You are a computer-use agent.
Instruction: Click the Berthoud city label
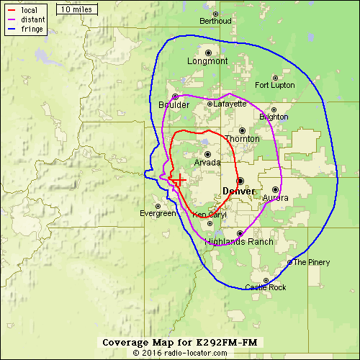215,21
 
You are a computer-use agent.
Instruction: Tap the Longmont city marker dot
208,53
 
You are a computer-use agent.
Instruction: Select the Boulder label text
174,105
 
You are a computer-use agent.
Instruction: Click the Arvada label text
207,163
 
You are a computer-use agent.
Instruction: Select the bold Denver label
238,191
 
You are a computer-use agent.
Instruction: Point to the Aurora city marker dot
275,189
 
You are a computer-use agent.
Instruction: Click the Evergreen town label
158,213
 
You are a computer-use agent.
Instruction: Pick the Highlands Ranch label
239,242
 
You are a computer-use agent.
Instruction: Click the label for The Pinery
311,262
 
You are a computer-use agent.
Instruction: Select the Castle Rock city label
266,287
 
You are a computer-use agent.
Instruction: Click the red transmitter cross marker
178,179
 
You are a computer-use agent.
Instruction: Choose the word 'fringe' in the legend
32,30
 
